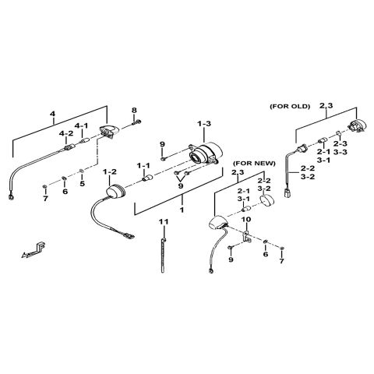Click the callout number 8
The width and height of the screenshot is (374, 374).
click(x=134, y=110)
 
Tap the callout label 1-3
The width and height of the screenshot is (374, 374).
click(x=204, y=124)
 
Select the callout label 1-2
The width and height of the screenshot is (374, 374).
click(x=110, y=171)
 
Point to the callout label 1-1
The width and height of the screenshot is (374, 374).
click(x=143, y=165)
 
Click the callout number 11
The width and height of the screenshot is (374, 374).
click(x=164, y=222)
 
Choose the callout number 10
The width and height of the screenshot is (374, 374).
click(x=246, y=220)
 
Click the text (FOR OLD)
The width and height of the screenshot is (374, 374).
click(x=290, y=106)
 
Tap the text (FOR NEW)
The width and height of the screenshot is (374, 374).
click(x=254, y=164)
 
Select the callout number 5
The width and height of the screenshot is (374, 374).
click(x=82, y=184)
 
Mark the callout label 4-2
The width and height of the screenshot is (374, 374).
click(x=66, y=133)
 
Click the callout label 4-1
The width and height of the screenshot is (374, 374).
click(x=81, y=125)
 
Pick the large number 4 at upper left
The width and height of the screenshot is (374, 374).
click(x=53, y=114)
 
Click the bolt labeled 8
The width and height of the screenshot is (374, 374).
click(x=136, y=122)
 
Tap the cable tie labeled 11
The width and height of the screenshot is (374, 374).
click(x=163, y=255)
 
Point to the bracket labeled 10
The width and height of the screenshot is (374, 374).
click(x=247, y=236)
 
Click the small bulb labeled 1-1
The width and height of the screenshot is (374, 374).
click(x=147, y=178)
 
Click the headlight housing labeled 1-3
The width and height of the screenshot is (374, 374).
click(x=206, y=153)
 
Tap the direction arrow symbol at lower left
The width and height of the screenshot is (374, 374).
click(x=34, y=250)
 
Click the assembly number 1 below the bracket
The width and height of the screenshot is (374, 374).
click(x=182, y=210)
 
